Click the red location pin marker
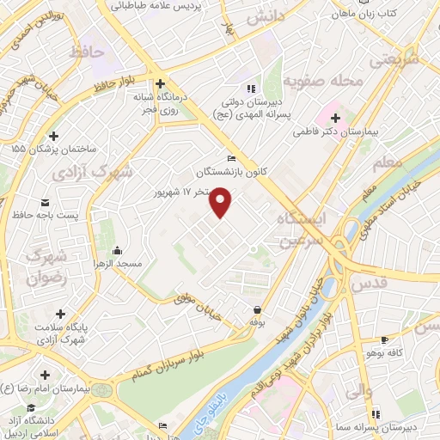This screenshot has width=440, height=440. coord(222,203)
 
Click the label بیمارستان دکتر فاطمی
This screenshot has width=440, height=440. coord(353,133)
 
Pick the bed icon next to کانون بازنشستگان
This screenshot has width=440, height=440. coord(229,158)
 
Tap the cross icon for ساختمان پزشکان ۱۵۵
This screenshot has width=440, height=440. coord(53,135)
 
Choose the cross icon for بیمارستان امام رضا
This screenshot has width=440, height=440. coord(44,376)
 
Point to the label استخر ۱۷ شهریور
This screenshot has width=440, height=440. coord(185,192)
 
